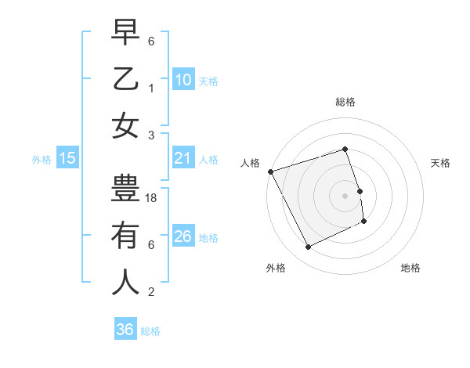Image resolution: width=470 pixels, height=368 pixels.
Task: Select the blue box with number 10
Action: click(x=183, y=80)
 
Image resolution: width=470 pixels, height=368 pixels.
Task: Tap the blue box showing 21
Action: click(x=183, y=159)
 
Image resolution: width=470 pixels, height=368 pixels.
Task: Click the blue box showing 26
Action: click(x=183, y=236)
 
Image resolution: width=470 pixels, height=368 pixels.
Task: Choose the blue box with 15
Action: click(x=67, y=159)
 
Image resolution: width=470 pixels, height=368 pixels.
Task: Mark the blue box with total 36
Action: click(x=125, y=330)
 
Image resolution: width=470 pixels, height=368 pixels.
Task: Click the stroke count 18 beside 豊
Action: click(x=152, y=199)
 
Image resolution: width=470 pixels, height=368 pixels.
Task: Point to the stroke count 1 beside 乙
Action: click(x=152, y=88)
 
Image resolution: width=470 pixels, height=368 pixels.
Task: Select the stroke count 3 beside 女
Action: click(x=152, y=135)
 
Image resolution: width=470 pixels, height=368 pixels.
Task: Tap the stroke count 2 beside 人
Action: click(x=152, y=292)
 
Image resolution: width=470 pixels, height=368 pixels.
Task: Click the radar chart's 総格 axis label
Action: click(x=345, y=103)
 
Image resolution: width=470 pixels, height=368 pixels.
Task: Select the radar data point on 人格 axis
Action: click(x=270, y=171)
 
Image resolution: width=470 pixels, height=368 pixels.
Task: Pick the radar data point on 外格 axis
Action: click(x=308, y=247)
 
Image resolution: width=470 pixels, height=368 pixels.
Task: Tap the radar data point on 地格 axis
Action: click(x=365, y=222)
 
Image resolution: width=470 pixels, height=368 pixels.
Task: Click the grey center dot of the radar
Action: click(x=345, y=195)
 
